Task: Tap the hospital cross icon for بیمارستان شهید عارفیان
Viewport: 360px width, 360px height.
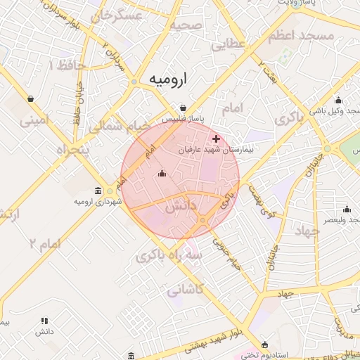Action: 216,139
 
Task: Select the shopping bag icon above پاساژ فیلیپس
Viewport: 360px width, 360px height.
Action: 183,108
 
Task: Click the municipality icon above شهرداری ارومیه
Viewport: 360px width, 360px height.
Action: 98,191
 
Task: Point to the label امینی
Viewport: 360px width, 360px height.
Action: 36,120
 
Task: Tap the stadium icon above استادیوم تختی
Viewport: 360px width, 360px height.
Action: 264,345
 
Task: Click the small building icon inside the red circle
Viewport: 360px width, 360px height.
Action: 162,174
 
